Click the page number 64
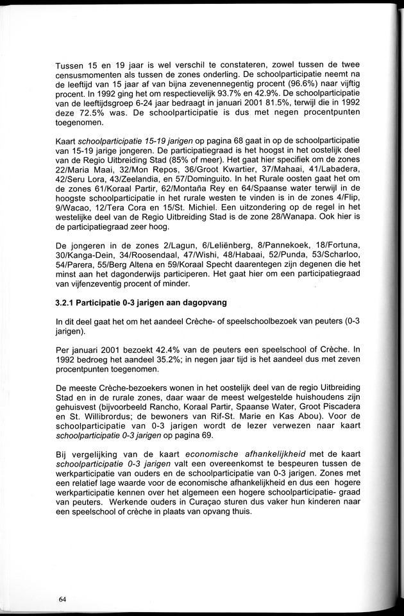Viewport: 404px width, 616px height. (x=62, y=599)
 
